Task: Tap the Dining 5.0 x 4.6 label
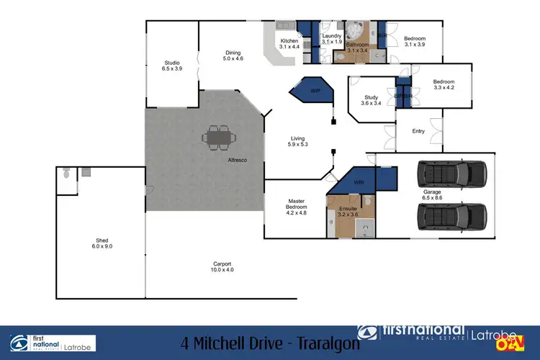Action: coord(233,55)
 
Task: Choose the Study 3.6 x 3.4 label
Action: coord(371,100)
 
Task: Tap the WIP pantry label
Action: coord(315,92)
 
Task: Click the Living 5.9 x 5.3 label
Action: coord(298,142)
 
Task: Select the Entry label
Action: coord(418,131)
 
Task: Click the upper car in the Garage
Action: coord(451,173)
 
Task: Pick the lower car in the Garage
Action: coord(451,215)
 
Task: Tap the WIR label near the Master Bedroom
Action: coord(359,183)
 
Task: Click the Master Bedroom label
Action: coord(297,207)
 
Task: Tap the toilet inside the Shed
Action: coord(66,174)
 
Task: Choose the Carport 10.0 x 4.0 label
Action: coord(222,266)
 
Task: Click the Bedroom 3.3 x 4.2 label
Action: coord(444,85)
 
